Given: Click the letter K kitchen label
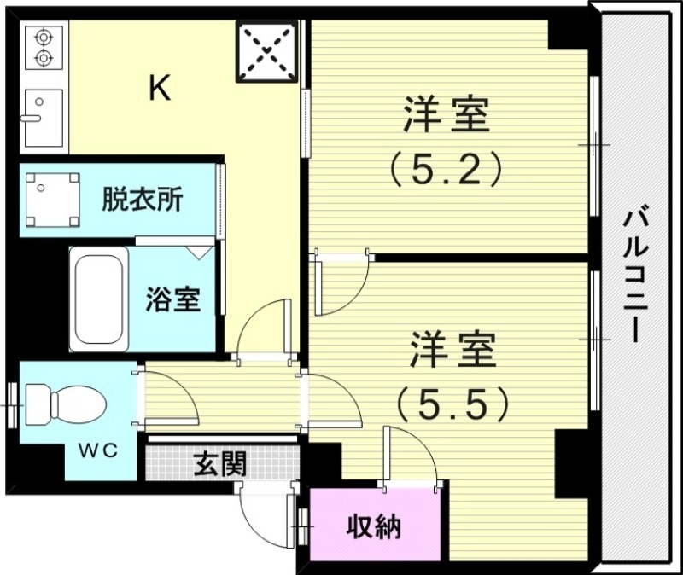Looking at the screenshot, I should [x=160, y=88].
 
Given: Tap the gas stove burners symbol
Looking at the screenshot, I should [x=42, y=48].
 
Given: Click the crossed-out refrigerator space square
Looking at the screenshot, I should [x=267, y=50].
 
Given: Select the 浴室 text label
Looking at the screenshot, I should [x=172, y=299].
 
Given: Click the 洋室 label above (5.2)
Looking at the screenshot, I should [x=447, y=115].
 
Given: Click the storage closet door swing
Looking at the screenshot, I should [x=410, y=456].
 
